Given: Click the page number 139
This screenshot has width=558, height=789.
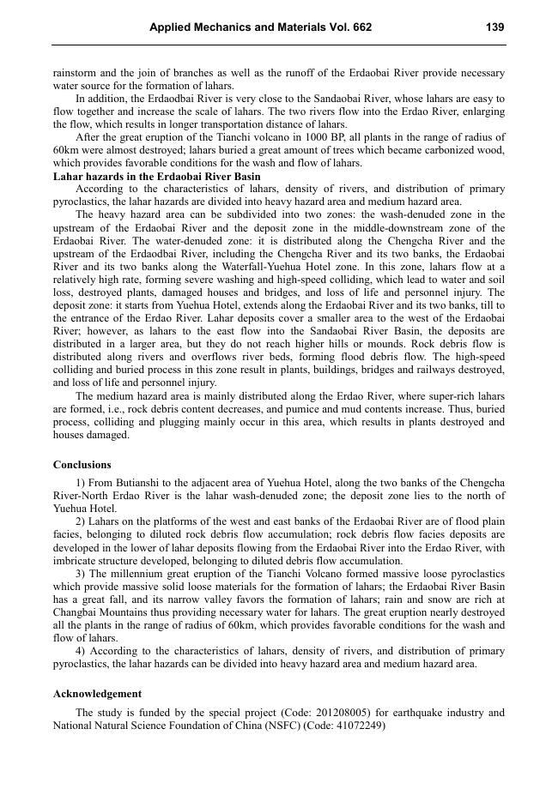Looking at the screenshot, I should point(494,27).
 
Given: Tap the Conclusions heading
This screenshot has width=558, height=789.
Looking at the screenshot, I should point(82,465).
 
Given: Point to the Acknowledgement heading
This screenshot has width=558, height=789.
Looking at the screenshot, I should point(97,694).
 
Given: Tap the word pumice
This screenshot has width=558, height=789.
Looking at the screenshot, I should point(331,409).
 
